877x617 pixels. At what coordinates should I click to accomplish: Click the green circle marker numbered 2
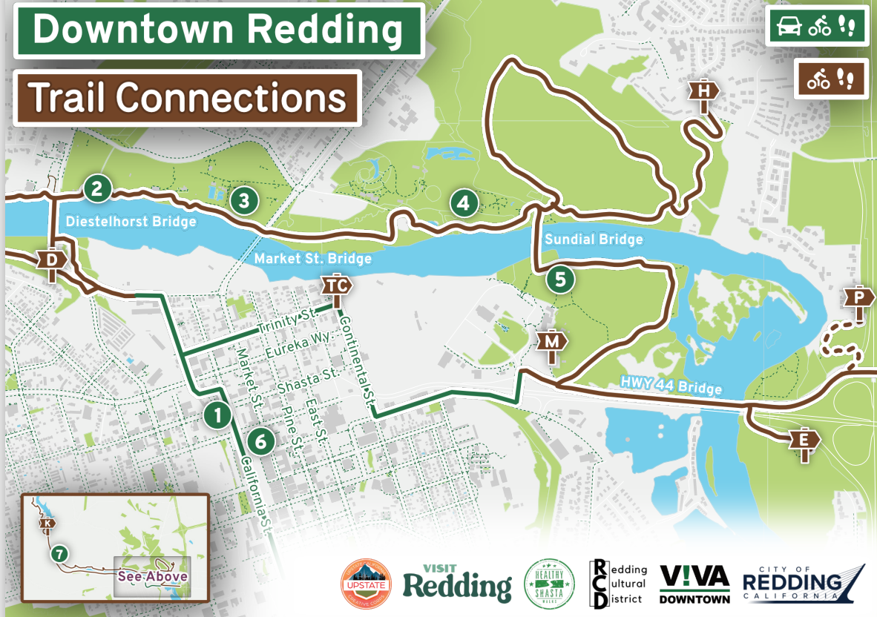click(97, 188)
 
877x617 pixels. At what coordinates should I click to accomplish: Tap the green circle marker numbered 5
click(560, 280)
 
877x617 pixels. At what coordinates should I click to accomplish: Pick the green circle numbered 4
click(464, 202)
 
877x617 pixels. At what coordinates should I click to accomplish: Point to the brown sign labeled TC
click(336, 286)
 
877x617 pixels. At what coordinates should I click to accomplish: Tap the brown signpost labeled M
click(552, 343)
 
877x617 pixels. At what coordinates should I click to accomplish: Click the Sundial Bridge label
click(594, 240)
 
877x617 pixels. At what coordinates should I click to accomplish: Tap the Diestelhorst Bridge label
click(131, 222)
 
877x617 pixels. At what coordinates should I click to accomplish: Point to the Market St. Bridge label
click(312, 260)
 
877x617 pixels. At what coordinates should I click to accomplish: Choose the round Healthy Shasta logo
click(550, 583)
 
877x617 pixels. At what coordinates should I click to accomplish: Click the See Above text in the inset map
click(152, 575)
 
